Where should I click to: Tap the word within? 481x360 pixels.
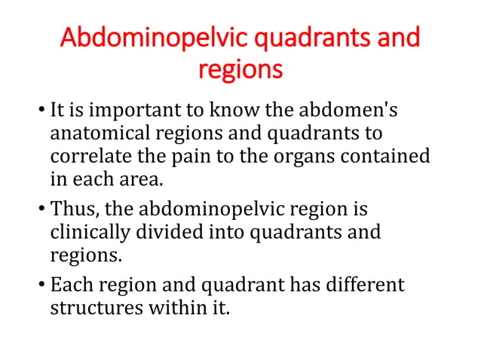tap(167, 309)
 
